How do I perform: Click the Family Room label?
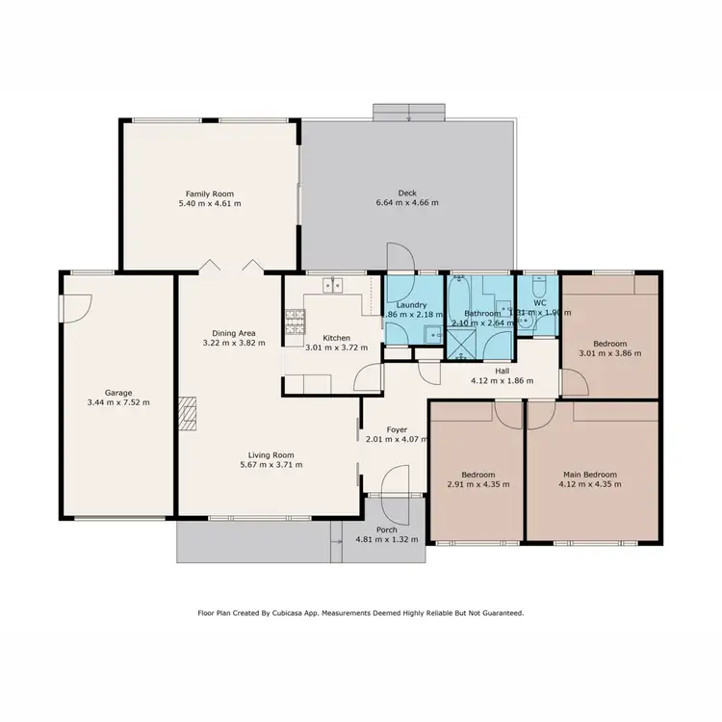click(x=210, y=193)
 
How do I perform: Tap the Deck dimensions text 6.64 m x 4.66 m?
click(x=406, y=203)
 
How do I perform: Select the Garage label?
click(x=118, y=393)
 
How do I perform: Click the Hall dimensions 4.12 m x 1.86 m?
click(x=503, y=381)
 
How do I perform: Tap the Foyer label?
click(x=397, y=429)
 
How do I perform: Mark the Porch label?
click(x=387, y=529)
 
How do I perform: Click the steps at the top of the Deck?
click(x=410, y=113)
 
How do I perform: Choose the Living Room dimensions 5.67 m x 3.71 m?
click(x=254, y=465)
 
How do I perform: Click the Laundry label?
click(x=409, y=304)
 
